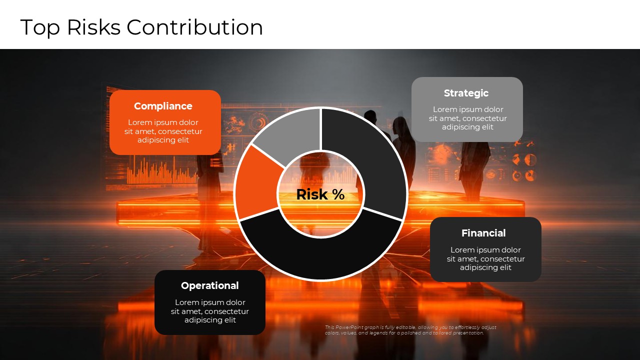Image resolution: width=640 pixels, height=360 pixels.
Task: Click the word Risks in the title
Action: pos(93,27)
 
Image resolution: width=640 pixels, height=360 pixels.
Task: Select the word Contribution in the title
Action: pos(194,27)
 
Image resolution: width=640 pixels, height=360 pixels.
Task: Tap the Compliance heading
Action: pos(163,106)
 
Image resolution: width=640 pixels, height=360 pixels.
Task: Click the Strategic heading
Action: pos(466,93)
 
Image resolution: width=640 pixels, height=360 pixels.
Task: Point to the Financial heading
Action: pos(483,233)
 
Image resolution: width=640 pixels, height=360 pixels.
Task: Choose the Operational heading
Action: pos(209,285)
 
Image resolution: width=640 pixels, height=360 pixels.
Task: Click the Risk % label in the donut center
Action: pos(320,194)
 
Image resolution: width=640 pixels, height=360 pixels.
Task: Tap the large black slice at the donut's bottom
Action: pos(320,255)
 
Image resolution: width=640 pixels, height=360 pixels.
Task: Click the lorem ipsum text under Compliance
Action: pos(163,131)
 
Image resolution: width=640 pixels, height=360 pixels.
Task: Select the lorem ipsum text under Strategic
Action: pos(467,118)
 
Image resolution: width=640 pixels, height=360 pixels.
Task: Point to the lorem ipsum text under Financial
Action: pos(485,258)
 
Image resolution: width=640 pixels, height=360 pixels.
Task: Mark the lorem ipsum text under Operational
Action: pos(210,311)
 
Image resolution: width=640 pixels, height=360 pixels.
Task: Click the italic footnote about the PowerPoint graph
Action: pos(410,330)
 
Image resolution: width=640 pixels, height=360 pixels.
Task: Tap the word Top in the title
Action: pos(40,27)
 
